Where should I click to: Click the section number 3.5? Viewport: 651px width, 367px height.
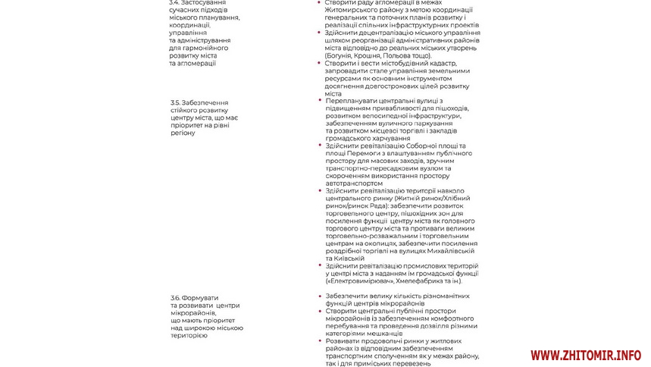tap(175, 102)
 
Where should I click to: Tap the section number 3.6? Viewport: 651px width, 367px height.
tap(175, 296)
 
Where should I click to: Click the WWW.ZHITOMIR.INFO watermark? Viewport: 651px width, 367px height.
tap(585, 354)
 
